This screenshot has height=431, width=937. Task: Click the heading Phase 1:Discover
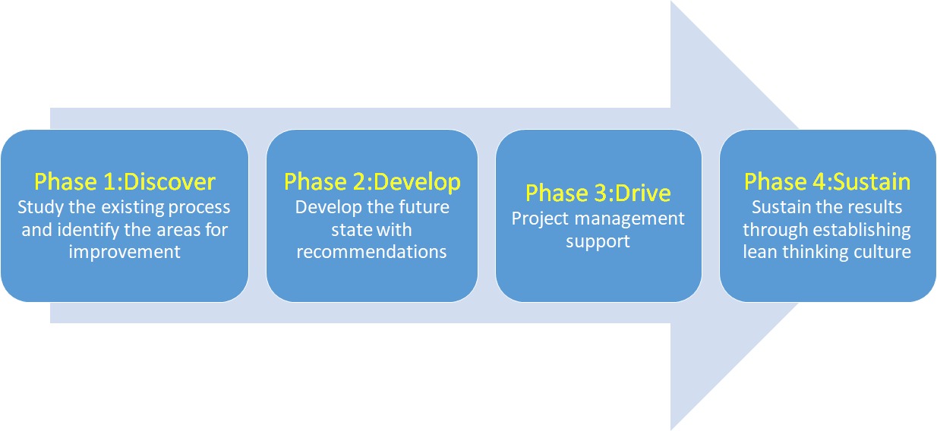click(125, 182)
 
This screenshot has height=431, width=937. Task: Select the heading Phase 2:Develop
click(372, 183)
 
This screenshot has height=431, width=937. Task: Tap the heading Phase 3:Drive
click(598, 193)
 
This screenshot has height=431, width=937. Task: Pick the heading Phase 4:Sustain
click(828, 182)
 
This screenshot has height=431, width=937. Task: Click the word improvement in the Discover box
click(125, 252)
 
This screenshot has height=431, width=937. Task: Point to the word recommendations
click(371, 252)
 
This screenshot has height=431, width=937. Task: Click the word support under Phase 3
click(598, 242)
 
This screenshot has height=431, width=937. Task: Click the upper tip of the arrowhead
click(671, 2)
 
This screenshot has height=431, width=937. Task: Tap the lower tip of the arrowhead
click(671, 429)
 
